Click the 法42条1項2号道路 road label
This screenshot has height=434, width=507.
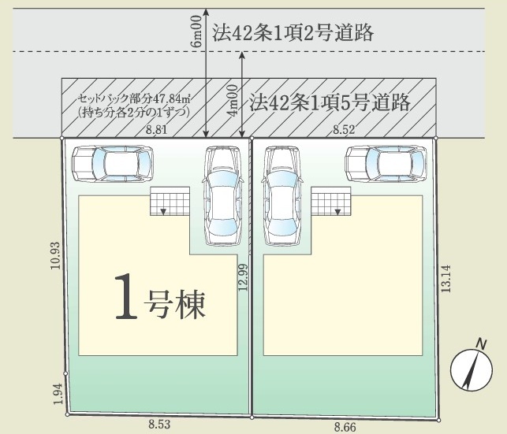293,33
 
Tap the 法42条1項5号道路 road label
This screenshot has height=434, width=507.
330,102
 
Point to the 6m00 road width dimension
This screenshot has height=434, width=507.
196,32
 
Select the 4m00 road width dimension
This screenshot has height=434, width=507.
233,101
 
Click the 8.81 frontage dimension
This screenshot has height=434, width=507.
156,130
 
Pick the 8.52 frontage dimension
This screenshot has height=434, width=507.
344,130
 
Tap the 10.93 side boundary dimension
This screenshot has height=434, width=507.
55,255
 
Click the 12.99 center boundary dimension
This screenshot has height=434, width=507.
243,277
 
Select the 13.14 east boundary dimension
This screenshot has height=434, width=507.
445,279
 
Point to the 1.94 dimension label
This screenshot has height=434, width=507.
58,394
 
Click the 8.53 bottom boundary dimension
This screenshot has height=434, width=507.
159,424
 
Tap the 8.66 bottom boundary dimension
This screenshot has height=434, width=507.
345,428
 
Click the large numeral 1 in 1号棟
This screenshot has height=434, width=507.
126,296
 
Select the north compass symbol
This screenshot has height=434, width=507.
472,366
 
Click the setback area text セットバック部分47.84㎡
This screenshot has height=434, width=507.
134,98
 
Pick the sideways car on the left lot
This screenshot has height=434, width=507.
112,164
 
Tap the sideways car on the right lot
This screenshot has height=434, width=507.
386,164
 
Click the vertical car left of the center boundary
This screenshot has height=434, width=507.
223,196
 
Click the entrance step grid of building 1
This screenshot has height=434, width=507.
170,201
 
